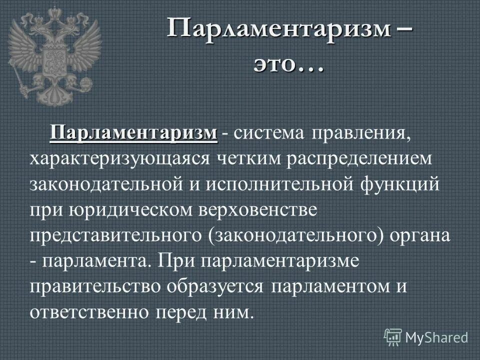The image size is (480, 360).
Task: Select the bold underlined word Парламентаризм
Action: (x=134, y=133)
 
